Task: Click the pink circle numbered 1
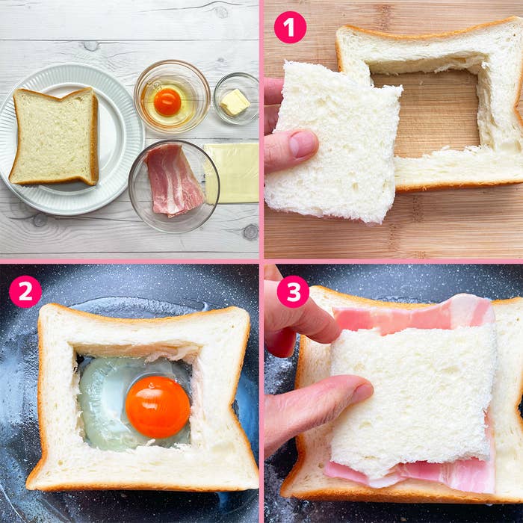[290, 27]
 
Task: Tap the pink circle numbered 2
[25, 291]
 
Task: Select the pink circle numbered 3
[293, 291]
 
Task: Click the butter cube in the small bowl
[235, 102]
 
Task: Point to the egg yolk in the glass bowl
[167, 102]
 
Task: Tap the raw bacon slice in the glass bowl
[174, 179]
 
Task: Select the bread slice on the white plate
[55, 137]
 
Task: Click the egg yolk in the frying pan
[158, 407]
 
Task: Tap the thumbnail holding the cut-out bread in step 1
[303, 143]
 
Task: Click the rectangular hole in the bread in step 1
[427, 110]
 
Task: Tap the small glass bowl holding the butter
[236, 99]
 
